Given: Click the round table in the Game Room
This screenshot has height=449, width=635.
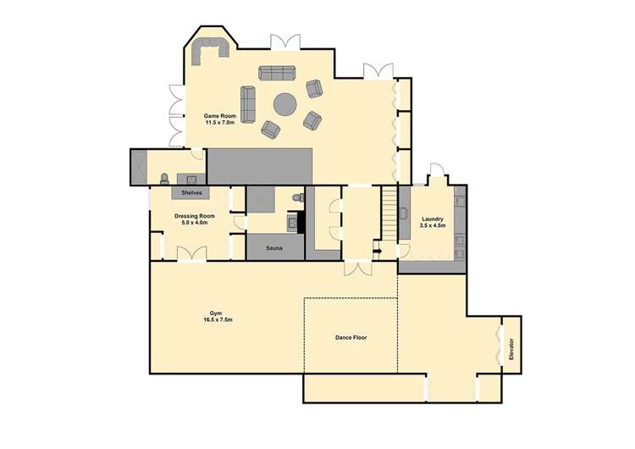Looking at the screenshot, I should [x=284, y=105].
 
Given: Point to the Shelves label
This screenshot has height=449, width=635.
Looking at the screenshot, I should [x=192, y=193].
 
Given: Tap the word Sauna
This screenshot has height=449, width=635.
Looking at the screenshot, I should [x=274, y=249].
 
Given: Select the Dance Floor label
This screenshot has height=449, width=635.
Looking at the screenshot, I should [x=351, y=337].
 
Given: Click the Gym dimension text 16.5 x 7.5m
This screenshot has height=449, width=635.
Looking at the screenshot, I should [x=218, y=320].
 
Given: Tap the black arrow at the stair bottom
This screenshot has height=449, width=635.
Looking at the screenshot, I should [x=377, y=251].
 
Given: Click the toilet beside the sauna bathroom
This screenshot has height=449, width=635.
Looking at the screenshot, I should [x=295, y=197].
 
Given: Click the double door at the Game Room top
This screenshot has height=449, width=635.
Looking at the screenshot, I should [x=284, y=42].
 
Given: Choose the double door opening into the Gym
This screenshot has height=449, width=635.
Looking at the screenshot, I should [x=357, y=268].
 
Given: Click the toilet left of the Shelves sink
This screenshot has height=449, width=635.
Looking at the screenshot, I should [x=163, y=178].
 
